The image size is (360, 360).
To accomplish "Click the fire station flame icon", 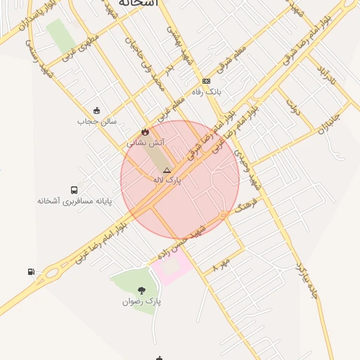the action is click(145, 131).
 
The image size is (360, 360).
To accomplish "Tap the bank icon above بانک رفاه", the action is click(206, 81).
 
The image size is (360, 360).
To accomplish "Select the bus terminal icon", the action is click(75, 190).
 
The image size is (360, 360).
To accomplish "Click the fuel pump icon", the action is click(31, 271).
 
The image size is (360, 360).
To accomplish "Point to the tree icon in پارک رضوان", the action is click(141, 290).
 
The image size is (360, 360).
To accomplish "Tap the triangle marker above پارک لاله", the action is click(167, 170).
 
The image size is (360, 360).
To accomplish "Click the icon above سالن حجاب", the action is click(96, 110).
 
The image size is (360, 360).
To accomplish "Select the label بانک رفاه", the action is click(207, 92).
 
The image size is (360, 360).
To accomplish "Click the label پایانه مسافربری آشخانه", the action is click(75, 201).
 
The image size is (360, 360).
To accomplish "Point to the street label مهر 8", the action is click(221, 265).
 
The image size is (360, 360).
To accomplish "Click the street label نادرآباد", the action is click(325, 79).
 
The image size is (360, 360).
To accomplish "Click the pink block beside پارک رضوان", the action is click(172, 268).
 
